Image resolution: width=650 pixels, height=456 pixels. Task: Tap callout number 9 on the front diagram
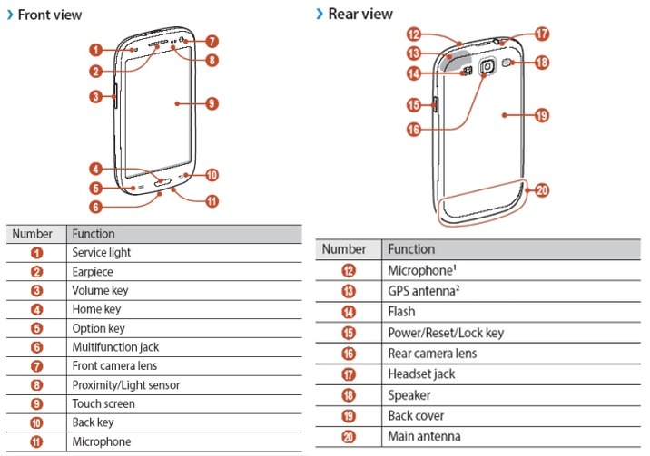pyautogui.click(x=212, y=103)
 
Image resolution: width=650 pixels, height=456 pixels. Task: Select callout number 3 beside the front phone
pyautogui.click(x=95, y=96)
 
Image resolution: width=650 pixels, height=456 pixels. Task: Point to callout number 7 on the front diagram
pyautogui.click(x=212, y=41)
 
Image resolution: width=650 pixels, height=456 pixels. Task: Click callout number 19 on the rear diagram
pyautogui.click(x=542, y=115)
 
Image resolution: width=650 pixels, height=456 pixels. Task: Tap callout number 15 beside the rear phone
pyautogui.click(x=412, y=105)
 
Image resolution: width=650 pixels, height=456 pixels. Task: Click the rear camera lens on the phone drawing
pyautogui.click(x=488, y=66)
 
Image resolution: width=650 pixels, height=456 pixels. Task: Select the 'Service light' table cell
pyautogui.click(x=102, y=252)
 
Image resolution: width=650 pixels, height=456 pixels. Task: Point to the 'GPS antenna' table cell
pyautogui.click(x=422, y=291)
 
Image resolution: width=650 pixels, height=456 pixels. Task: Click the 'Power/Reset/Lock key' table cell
pyautogui.click(x=445, y=333)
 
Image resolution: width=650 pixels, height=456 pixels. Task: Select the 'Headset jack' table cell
pyautogui.click(x=421, y=374)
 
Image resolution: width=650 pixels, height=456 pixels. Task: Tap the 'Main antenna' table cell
pyautogui.click(x=424, y=436)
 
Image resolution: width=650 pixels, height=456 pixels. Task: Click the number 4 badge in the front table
pyautogui.click(x=37, y=309)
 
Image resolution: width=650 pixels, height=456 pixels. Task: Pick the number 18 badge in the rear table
pyautogui.click(x=350, y=395)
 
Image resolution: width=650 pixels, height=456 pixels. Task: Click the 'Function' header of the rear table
pyautogui.click(x=411, y=249)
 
